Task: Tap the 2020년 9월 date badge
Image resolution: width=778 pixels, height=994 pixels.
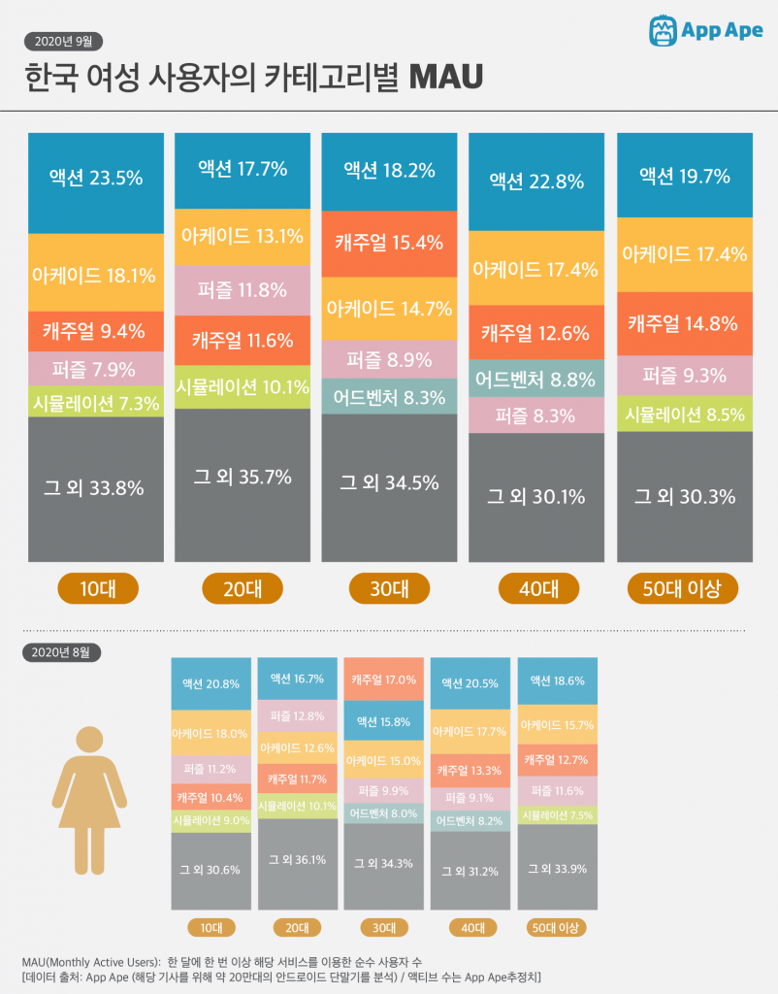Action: (x=63, y=41)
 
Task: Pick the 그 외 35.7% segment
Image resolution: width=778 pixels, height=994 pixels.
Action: (x=242, y=476)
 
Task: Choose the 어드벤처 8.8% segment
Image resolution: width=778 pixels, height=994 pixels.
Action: (x=536, y=380)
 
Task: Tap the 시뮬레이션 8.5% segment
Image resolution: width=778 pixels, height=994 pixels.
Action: (x=684, y=414)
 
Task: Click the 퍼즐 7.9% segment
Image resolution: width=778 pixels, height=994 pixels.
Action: (x=95, y=369)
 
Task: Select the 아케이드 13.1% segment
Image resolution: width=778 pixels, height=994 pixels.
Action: (x=242, y=235)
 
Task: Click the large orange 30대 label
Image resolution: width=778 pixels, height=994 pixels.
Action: (x=389, y=588)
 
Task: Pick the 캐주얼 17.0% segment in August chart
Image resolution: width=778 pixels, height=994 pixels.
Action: (x=384, y=679)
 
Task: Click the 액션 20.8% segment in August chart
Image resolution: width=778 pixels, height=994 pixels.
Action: (x=211, y=683)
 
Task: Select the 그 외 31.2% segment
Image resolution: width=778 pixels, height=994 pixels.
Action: (x=470, y=870)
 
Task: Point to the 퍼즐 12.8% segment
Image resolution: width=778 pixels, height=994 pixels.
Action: (x=297, y=715)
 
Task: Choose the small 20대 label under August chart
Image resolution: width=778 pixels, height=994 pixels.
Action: (x=298, y=927)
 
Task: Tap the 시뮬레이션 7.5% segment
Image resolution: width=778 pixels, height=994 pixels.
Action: (x=557, y=815)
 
